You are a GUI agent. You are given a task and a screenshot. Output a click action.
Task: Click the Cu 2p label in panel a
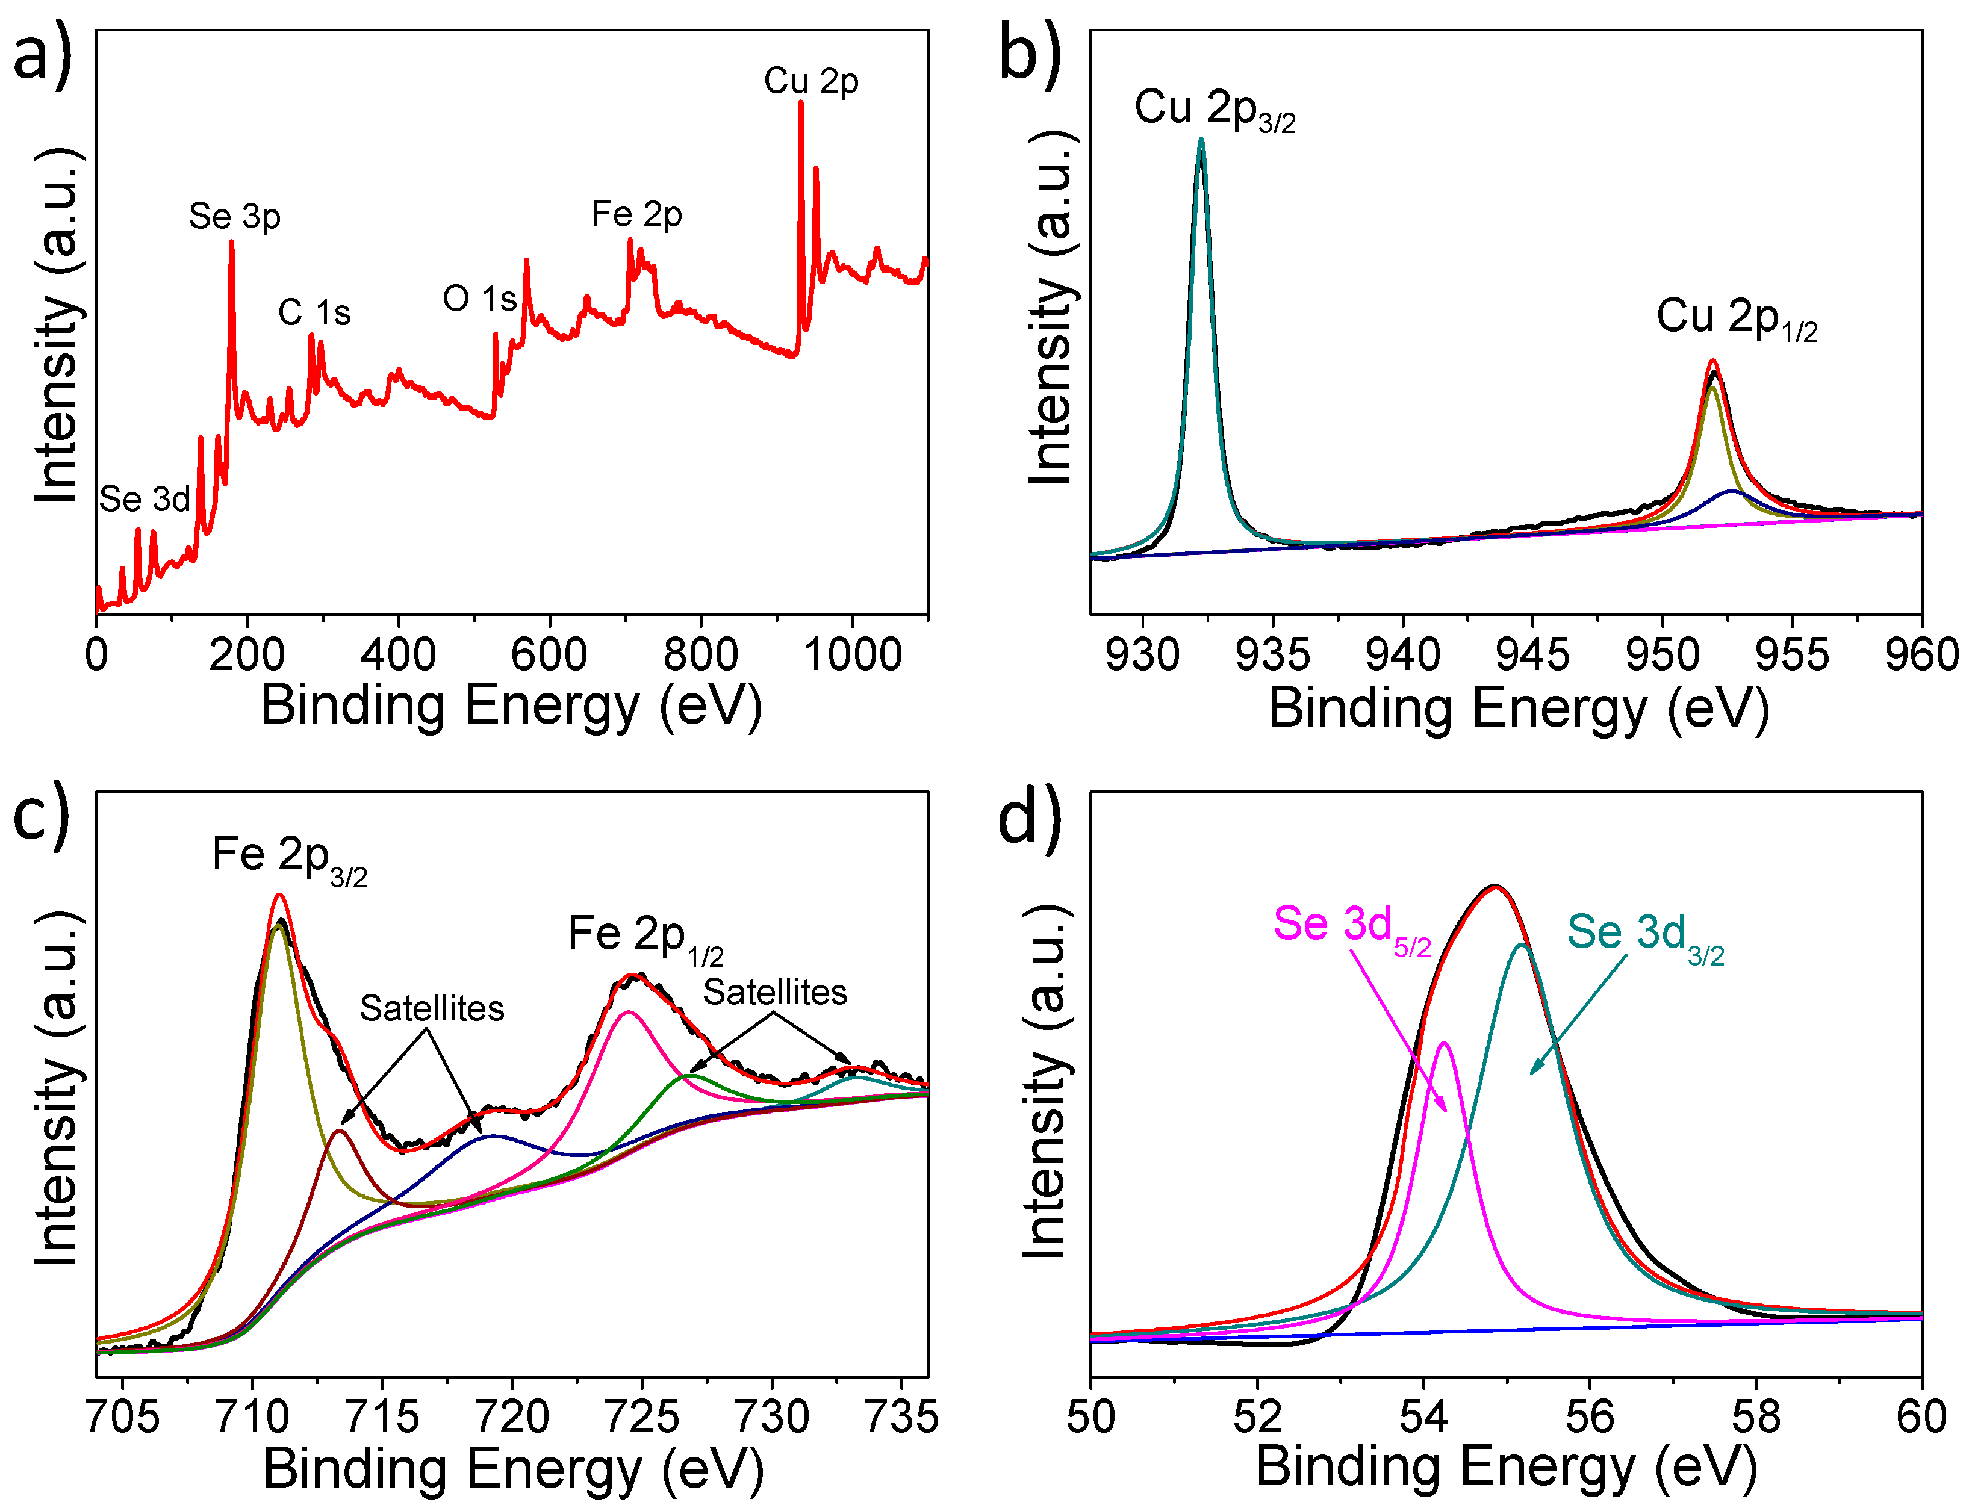(x=810, y=81)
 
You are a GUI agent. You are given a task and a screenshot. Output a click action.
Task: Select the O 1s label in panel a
(x=479, y=299)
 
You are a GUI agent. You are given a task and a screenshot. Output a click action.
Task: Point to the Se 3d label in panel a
(x=144, y=499)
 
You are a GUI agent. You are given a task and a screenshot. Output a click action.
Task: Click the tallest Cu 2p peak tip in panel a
(x=801, y=102)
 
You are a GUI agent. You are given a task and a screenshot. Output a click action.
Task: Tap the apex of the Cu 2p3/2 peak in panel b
(x=1201, y=140)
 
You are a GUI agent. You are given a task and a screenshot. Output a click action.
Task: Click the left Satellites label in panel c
(x=432, y=1009)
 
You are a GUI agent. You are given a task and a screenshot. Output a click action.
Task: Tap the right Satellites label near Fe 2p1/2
(x=774, y=993)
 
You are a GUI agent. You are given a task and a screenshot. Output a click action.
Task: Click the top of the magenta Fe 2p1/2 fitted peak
(x=628, y=1013)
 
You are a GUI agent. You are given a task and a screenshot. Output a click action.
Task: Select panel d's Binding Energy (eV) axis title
(x=1506, y=1467)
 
